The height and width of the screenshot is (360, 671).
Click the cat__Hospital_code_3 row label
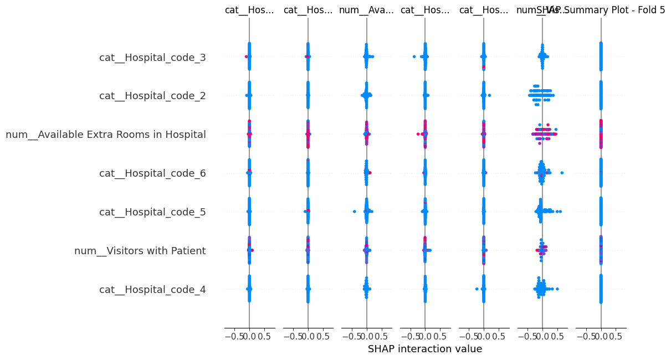point(152,57)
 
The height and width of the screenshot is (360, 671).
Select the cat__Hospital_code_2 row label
point(152,96)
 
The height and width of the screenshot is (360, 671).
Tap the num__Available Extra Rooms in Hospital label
point(106,135)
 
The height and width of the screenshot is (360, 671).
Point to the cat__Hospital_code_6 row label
point(152,173)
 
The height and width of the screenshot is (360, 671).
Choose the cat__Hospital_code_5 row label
point(152,212)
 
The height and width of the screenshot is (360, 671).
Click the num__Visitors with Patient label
point(140,251)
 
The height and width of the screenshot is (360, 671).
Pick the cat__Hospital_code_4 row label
point(152,290)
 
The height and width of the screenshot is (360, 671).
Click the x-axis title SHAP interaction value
point(425,349)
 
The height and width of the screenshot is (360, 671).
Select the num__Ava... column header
point(366,10)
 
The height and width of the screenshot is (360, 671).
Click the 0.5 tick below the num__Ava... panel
point(382,336)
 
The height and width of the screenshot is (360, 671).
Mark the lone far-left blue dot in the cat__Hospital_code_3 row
point(413,56)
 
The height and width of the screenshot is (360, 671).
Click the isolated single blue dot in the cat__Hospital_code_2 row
point(489,95)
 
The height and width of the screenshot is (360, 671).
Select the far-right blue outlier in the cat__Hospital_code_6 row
point(562,173)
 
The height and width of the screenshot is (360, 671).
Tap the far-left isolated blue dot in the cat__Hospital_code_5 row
point(354,212)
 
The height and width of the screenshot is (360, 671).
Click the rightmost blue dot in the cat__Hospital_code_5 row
point(561,212)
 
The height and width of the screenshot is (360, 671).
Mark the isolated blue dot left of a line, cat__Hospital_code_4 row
point(477,289)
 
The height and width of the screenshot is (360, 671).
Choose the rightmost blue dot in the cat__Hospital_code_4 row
point(557,289)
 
